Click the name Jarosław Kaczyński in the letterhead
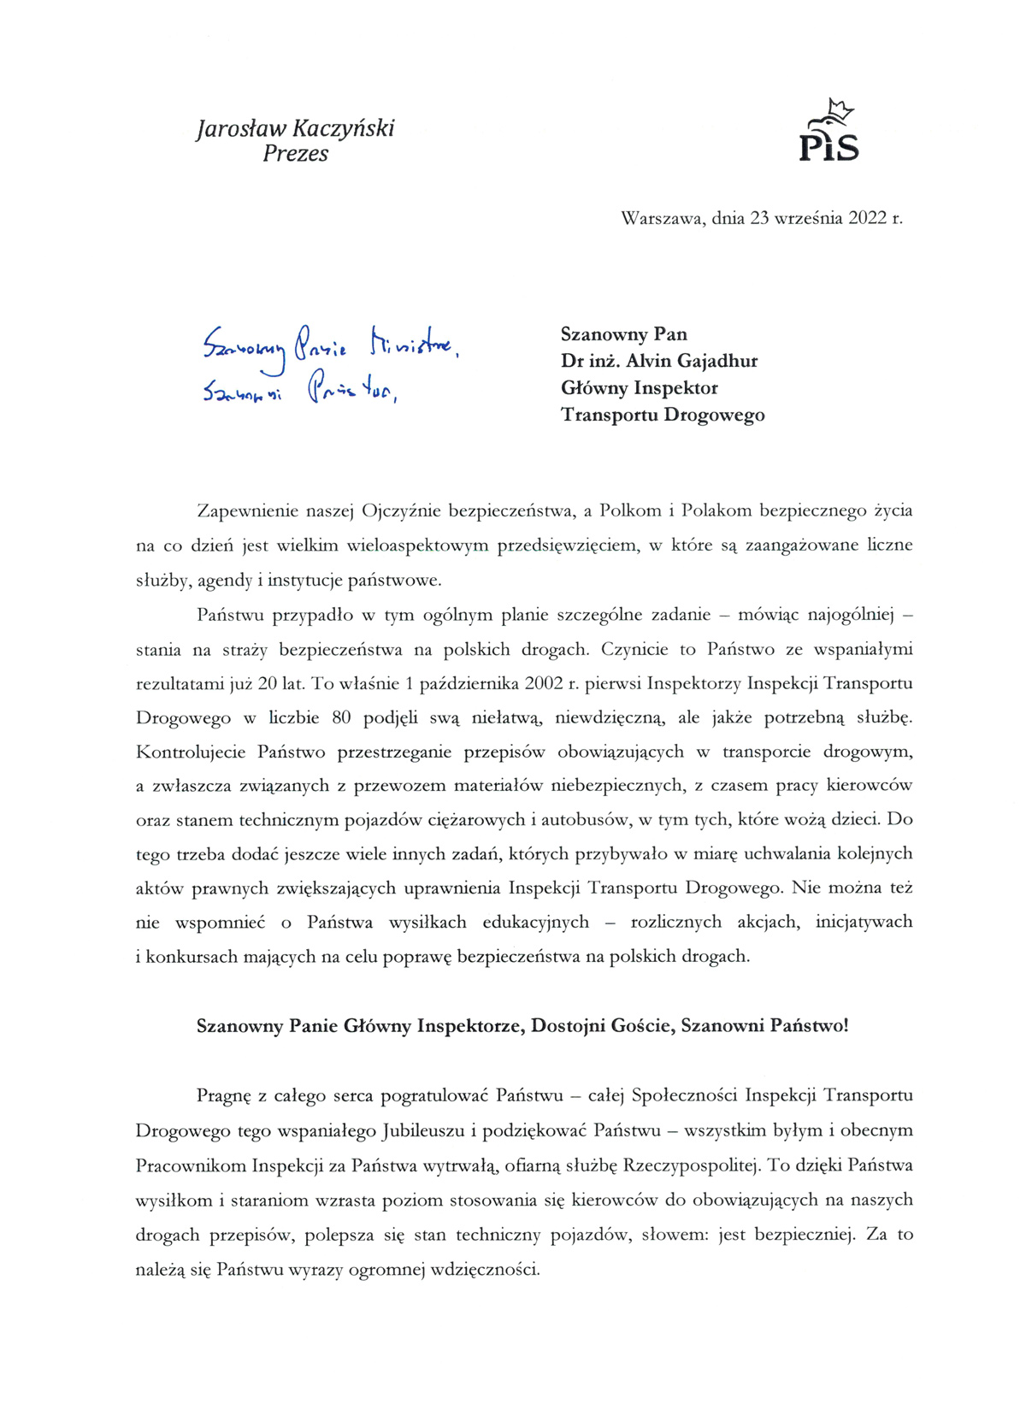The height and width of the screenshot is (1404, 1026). (295, 129)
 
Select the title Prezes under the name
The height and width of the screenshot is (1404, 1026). (295, 154)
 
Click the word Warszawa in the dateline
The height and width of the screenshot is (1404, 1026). (663, 218)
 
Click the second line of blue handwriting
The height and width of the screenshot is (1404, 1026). (299, 391)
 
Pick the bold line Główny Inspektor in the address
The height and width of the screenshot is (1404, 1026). (639, 388)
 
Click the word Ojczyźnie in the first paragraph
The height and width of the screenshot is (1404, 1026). (401, 511)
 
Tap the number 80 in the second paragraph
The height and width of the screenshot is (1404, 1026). (341, 717)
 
